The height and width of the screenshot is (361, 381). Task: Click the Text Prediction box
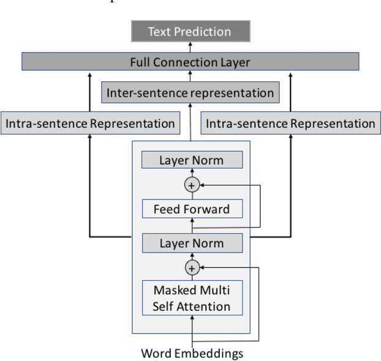[x=190, y=31]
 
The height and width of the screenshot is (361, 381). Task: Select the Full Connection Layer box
[x=190, y=62]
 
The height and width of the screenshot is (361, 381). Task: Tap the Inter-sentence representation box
[x=190, y=93]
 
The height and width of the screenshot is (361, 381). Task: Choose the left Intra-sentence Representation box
[x=90, y=124]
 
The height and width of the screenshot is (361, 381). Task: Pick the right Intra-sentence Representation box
[x=290, y=124]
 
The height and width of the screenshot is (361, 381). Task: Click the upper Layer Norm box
[x=192, y=160]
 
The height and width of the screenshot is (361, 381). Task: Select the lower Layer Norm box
[x=192, y=243]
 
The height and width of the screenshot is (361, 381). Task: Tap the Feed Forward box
[x=192, y=209]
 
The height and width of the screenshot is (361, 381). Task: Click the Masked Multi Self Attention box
[x=192, y=298]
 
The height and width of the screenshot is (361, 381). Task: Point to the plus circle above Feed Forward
[x=192, y=185]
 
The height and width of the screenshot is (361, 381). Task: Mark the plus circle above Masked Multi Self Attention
[x=192, y=267]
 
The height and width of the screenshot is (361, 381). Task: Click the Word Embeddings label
[x=192, y=353]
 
